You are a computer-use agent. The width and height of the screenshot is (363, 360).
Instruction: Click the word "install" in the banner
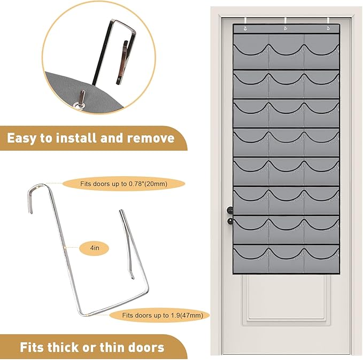[76, 138]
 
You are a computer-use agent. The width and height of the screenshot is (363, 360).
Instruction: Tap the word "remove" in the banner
[151, 138]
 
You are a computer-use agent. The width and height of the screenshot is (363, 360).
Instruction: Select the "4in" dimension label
[95, 248]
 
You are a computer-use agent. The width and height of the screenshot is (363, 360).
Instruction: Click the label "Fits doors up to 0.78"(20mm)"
[123, 184]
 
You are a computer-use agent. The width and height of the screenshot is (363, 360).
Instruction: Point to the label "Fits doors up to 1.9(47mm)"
[163, 315]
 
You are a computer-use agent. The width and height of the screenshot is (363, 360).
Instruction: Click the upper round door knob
[230, 210]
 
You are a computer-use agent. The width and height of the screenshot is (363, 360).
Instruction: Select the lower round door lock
[230, 221]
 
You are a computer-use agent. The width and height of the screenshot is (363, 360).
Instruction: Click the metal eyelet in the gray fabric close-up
[79, 106]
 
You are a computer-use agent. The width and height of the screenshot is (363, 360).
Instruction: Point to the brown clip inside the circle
[121, 62]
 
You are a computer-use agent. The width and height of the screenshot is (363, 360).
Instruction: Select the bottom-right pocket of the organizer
[321, 259]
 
